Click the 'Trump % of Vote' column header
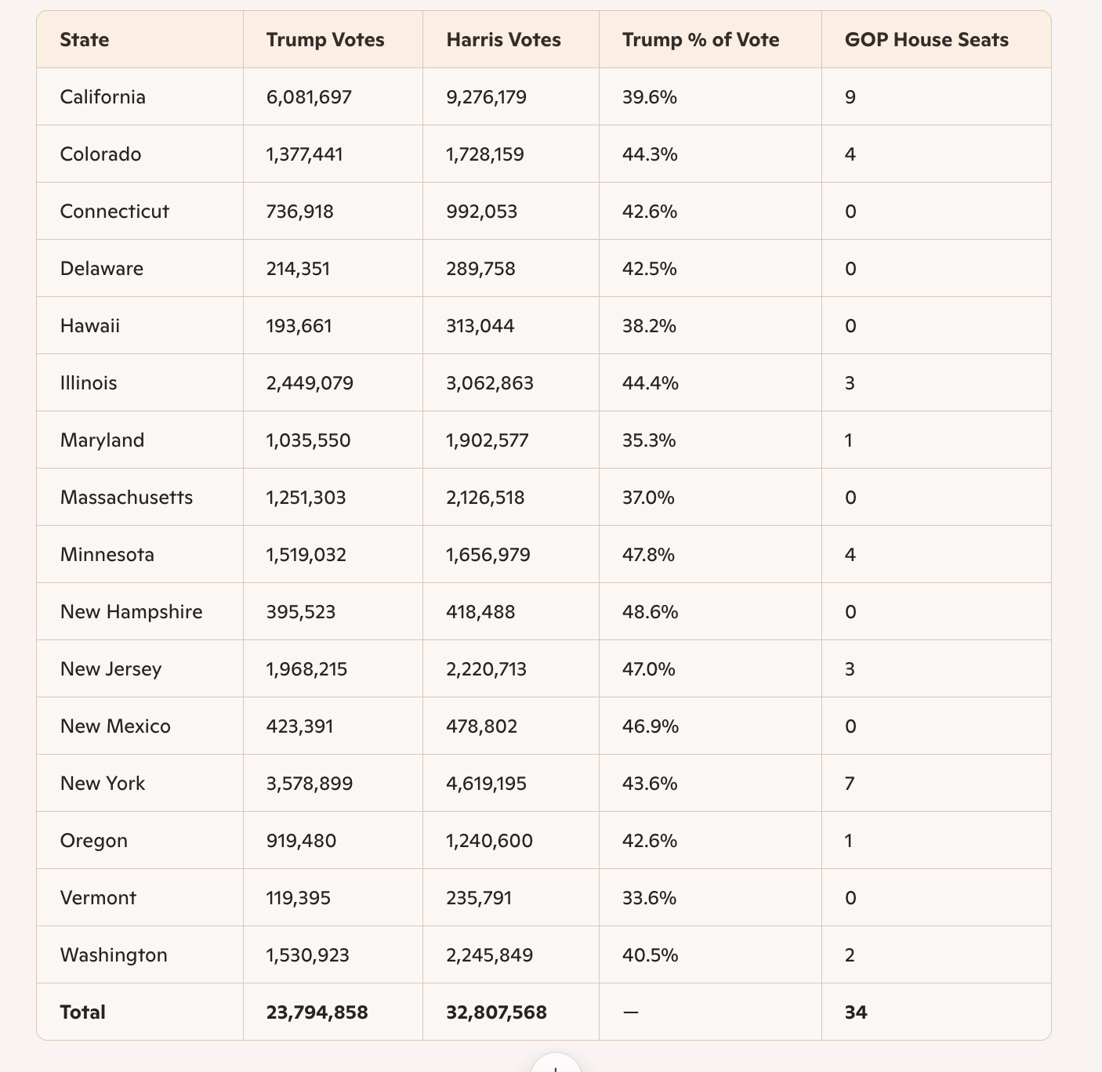coord(700,40)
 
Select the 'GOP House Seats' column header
coord(926,40)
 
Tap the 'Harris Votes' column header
coord(503,40)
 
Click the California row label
coord(103,97)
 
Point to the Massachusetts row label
coord(126,498)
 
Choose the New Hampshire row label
coord(131,612)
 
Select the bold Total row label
coord(82,1012)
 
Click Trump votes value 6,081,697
coord(309,97)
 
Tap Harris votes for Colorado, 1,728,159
coord(485,154)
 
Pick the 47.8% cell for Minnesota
coord(650,555)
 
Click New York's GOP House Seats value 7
coord(850,784)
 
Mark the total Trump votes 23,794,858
coord(317,1012)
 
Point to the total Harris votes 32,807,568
coord(496,1012)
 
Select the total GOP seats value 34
coord(856,1012)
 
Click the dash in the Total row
coord(630,1012)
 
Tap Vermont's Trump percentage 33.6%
coord(650,898)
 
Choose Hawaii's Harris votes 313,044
coord(480,326)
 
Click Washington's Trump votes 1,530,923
coord(307,955)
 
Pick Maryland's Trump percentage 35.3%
coord(649,440)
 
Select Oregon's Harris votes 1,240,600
coord(489,841)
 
